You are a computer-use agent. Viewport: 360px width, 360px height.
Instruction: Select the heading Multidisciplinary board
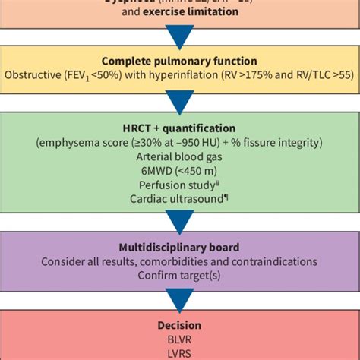pos(180,248)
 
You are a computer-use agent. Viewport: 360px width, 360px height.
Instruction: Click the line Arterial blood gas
pos(180,157)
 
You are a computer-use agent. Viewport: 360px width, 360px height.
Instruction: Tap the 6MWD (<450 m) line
pos(180,172)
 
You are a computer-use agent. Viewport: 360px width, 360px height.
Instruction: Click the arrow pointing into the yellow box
pos(180,33)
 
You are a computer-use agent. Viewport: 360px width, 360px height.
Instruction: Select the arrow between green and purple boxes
pos(180,221)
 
